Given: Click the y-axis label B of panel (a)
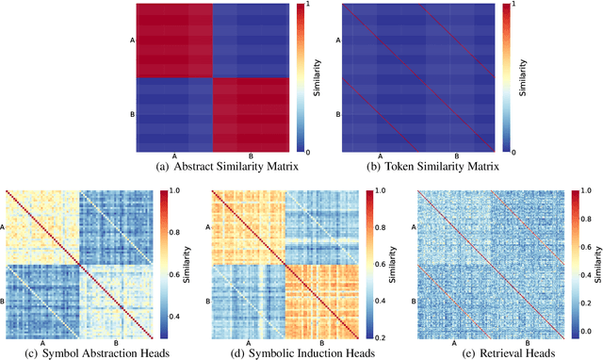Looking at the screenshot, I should (132, 115).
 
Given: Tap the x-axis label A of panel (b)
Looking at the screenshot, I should (380, 157).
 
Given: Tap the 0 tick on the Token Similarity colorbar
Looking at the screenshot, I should (514, 151).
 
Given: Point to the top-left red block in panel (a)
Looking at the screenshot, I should (175, 41).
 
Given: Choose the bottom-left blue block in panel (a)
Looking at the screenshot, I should (175, 114).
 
